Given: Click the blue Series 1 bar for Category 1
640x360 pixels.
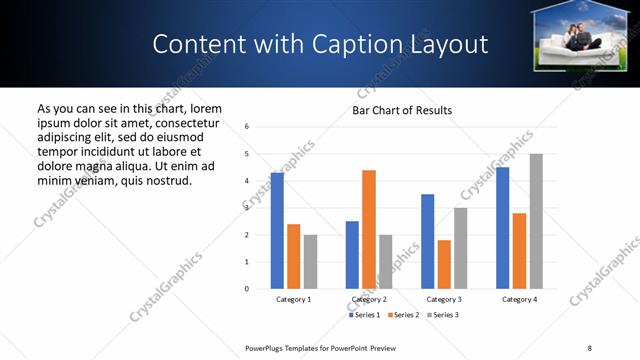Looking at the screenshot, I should (x=277, y=231).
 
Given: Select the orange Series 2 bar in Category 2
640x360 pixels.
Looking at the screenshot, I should (x=369, y=229).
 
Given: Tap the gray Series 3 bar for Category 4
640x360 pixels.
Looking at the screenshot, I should (x=536, y=221).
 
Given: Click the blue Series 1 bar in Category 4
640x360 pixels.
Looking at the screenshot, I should (x=502, y=228).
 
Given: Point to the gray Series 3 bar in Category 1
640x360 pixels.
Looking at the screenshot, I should (x=310, y=262).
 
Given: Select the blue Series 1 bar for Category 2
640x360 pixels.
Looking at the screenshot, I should (x=352, y=255).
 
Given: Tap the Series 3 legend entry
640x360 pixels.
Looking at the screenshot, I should (x=441, y=315).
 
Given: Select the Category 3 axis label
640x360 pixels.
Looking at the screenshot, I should (x=444, y=299).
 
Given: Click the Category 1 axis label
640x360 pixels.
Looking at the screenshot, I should (x=294, y=299).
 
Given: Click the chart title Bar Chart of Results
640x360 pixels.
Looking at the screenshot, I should (x=402, y=110).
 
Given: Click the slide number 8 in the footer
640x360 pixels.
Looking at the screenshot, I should (x=589, y=347).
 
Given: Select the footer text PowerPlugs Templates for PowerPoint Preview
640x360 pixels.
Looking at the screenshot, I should (x=321, y=347).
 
